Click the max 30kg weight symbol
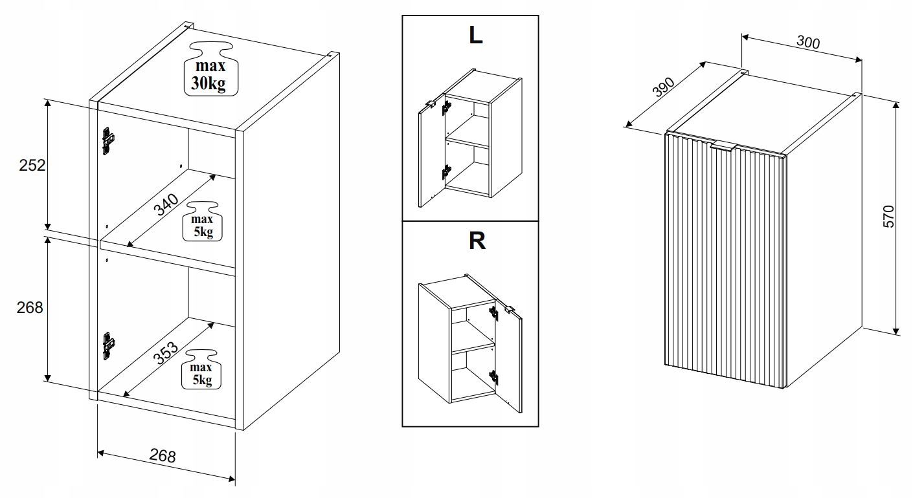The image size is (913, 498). (x=210, y=69)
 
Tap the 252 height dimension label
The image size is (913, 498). (x=32, y=165)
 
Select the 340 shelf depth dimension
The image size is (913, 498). (x=166, y=204)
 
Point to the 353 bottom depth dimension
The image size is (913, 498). (x=166, y=352)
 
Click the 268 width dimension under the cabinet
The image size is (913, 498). (x=163, y=456)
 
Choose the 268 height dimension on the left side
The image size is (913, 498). (x=30, y=307)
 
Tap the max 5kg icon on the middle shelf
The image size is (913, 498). (x=202, y=222)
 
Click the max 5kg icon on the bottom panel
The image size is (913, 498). (x=201, y=370)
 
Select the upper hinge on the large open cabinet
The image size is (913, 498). (x=107, y=141)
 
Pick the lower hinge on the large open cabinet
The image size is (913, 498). (x=107, y=346)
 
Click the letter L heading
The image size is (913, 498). (x=476, y=36)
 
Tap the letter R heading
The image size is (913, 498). (x=477, y=241)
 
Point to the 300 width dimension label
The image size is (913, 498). (x=808, y=42)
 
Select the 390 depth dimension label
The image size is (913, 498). (x=664, y=87)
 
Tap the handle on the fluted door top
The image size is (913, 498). (x=724, y=147)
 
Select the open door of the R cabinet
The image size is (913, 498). (x=508, y=358)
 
